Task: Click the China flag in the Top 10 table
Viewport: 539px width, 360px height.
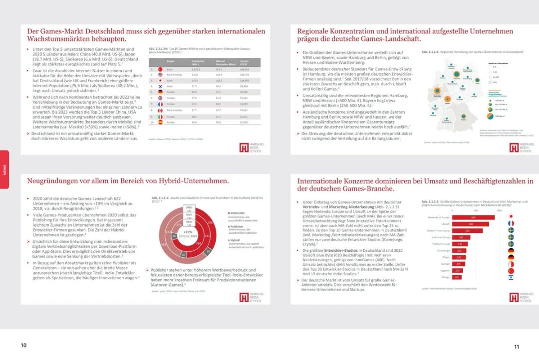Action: coord(160,69)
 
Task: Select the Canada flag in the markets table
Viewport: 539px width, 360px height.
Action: coord(160,110)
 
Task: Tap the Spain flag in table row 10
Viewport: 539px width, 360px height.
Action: coord(160,122)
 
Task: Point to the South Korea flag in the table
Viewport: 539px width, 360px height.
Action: coord(160,86)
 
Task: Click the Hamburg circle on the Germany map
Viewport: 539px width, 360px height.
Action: coord(456,74)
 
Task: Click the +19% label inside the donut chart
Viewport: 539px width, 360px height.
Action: coord(188,232)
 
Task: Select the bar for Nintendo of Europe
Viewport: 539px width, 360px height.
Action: coord(473,217)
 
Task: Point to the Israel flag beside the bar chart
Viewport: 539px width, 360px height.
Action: coord(511,277)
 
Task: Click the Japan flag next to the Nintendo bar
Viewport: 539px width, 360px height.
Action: coord(511,217)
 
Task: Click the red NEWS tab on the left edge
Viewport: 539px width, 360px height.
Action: coord(4,169)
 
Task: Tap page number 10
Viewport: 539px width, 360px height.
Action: coord(23,346)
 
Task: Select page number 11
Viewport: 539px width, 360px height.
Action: coord(517,347)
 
